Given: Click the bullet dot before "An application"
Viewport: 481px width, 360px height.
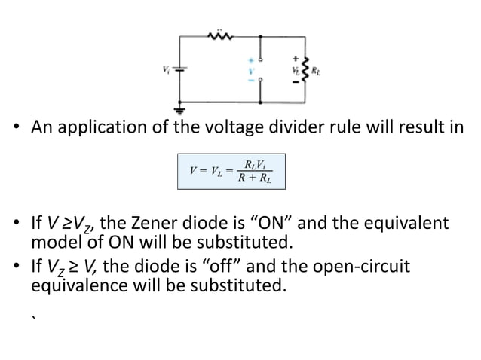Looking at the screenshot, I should point(18,127).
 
